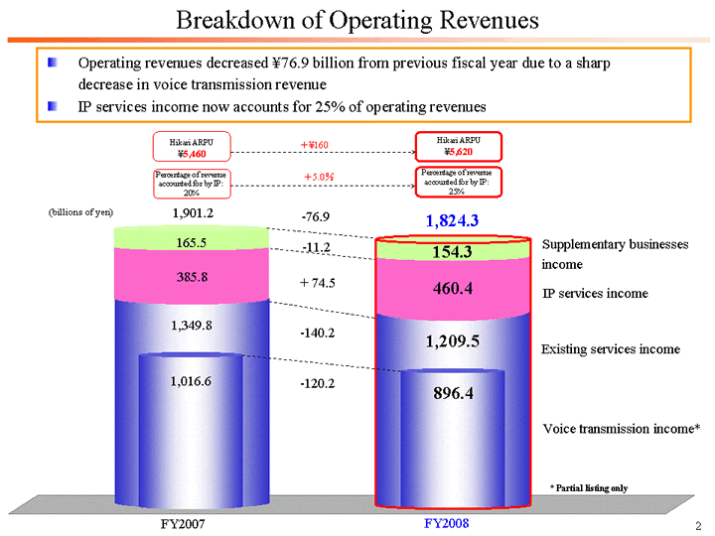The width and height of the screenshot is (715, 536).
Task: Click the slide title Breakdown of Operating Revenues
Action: click(357, 20)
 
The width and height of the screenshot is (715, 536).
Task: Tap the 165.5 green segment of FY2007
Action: click(191, 241)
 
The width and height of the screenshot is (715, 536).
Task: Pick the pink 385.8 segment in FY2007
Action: click(191, 277)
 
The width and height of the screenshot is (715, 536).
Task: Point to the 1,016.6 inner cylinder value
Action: click(191, 380)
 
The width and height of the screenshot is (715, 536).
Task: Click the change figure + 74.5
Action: click(318, 283)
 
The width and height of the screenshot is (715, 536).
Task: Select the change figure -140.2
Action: click(318, 333)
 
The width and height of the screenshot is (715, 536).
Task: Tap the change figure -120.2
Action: click(318, 383)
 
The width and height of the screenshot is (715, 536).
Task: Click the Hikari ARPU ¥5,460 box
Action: click(191, 147)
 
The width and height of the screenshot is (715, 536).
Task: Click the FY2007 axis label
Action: click(183, 523)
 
